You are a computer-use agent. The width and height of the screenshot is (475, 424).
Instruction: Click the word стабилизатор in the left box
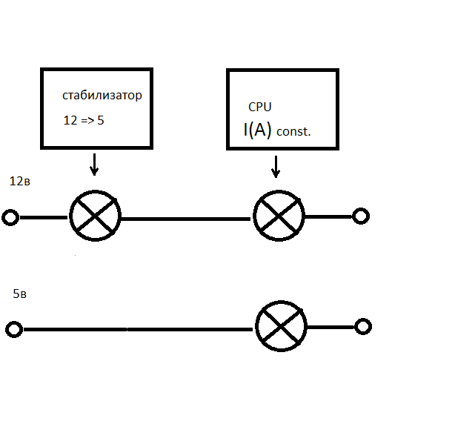[102, 96]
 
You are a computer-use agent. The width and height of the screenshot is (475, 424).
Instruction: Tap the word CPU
[260, 107]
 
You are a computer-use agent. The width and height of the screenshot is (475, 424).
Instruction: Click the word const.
[293, 132]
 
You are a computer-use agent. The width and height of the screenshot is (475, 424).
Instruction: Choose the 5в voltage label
[20, 294]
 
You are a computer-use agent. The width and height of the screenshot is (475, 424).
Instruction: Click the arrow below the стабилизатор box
[93, 162]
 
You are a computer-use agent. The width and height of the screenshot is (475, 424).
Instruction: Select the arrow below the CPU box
[276, 166]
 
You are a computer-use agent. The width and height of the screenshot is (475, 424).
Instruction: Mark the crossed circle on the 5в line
[282, 327]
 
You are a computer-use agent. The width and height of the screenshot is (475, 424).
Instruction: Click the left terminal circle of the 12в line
[10, 217]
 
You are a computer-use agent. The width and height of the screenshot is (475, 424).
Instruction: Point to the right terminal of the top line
[360, 216]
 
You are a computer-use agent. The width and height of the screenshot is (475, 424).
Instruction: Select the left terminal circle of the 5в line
[13, 329]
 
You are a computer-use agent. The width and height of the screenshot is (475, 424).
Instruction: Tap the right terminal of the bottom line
[362, 326]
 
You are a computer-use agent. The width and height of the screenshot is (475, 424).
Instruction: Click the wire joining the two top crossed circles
[185, 219]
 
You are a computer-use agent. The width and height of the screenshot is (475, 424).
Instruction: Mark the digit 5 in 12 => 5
[100, 119]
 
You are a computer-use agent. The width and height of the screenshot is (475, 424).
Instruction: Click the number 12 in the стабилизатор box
[70, 119]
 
